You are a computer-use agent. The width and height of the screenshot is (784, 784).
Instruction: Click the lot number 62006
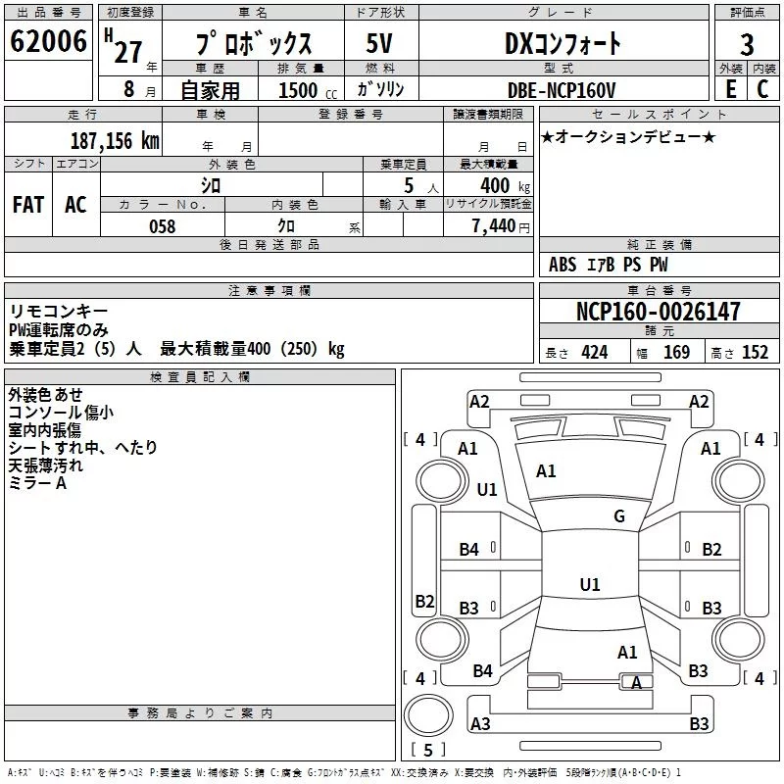click(x=48, y=41)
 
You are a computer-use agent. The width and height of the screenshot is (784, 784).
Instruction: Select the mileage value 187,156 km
click(x=115, y=140)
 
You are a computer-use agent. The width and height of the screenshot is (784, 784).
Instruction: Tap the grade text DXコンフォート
click(x=563, y=43)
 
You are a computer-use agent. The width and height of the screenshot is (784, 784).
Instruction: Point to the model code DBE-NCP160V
click(x=561, y=90)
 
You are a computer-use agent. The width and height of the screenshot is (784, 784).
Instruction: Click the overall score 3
click(x=747, y=45)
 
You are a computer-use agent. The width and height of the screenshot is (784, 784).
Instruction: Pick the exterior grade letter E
click(x=730, y=89)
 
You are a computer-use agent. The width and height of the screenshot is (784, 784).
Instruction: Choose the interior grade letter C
click(x=762, y=89)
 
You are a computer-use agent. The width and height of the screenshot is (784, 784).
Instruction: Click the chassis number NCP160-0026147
click(x=658, y=312)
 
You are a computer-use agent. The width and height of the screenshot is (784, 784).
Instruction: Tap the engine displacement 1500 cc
click(x=308, y=90)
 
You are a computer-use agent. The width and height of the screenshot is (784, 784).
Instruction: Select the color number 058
click(x=163, y=226)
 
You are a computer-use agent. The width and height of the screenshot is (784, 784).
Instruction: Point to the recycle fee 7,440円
click(x=501, y=226)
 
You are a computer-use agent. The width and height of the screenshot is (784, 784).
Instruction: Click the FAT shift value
click(x=28, y=205)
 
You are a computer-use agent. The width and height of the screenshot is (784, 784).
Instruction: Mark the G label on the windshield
click(x=619, y=515)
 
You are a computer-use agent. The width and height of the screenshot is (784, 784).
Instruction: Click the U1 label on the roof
click(x=590, y=584)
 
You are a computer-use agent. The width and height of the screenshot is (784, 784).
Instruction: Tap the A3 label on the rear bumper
click(x=480, y=723)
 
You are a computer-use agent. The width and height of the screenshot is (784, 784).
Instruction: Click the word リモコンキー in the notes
click(x=59, y=312)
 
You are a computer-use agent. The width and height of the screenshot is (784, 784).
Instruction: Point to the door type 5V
click(x=379, y=43)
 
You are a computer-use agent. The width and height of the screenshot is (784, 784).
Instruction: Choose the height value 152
click(x=755, y=353)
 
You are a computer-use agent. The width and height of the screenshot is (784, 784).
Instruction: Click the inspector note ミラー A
click(x=37, y=483)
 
